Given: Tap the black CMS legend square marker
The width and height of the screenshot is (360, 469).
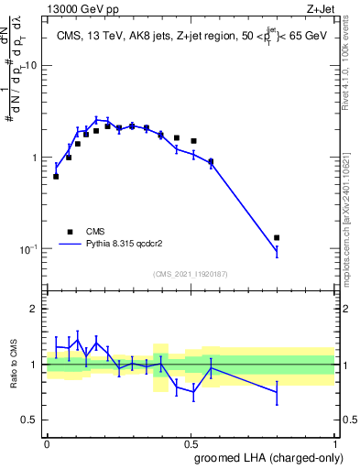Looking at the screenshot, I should coord(68,232).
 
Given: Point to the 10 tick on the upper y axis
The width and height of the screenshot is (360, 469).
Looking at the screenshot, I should coord(31,66).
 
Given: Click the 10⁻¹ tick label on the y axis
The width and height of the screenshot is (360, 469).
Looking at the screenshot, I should coord(27,249).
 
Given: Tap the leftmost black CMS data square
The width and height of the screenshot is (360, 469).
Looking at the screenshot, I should coord(56,176).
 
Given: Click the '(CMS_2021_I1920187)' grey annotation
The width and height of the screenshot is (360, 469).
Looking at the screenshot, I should coord(191,273).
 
